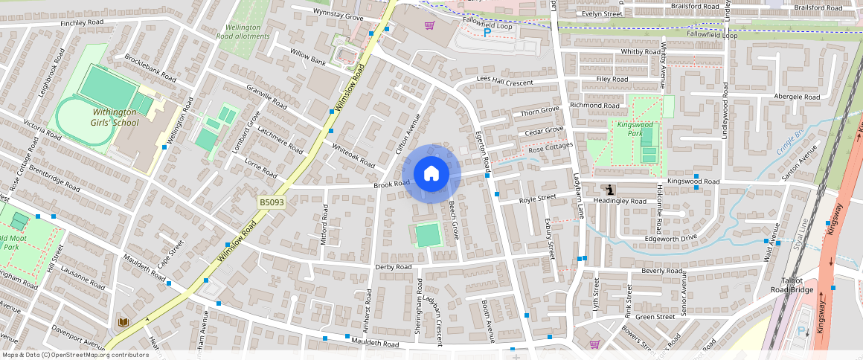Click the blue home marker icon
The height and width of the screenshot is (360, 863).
click(431, 174)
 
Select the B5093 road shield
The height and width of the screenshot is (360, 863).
click(272, 202)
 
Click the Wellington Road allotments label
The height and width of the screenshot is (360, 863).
click(243, 31)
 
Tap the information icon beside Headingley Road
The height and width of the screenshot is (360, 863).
click(610, 190)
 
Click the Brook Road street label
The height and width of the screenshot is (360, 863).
click(392, 184)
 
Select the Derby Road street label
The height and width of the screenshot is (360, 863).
click(394, 267)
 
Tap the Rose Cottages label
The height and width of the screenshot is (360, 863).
click(551, 149)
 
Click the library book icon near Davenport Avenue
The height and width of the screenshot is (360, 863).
click(123, 322)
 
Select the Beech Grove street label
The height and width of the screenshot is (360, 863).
click(453, 221)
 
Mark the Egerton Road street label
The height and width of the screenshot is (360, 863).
click(482, 149)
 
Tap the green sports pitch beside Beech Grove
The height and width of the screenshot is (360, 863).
click(428, 235)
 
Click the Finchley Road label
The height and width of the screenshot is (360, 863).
click(83, 23)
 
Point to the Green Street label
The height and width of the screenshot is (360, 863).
click(655, 317)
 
